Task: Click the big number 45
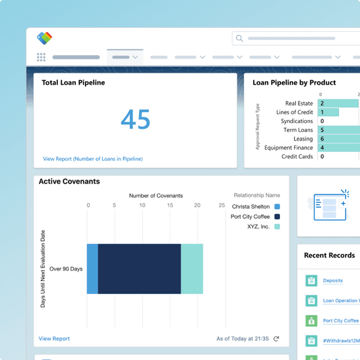click(x=135, y=118)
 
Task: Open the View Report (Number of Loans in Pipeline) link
click(x=93, y=159)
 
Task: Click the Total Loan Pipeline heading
click(x=73, y=83)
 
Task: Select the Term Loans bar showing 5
click(x=339, y=130)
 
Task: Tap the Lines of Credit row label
click(x=295, y=112)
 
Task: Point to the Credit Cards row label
click(x=297, y=157)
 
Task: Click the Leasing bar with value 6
click(x=339, y=139)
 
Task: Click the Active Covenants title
click(x=69, y=182)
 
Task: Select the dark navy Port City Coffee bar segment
click(x=139, y=269)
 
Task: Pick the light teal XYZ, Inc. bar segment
click(x=191, y=269)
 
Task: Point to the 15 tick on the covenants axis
click(x=170, y=206)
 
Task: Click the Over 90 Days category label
click(x=65, y=269)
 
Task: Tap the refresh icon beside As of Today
click(x=277, y=339)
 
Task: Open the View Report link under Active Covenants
click(x=54, y=339)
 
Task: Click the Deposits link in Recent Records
click(x=333, y=281)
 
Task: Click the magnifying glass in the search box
click(x=240, y=38)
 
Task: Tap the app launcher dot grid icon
click(x=41, y=57)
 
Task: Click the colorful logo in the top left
click(x=45, y=38)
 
